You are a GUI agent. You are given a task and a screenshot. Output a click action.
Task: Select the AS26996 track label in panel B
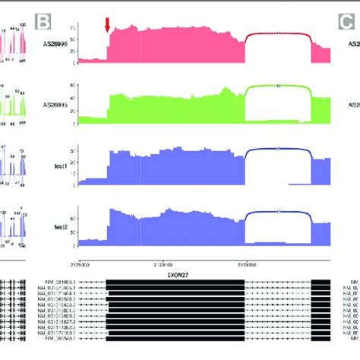(x=57, y=45)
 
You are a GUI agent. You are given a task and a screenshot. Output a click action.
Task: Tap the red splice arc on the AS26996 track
(x=278, y=33)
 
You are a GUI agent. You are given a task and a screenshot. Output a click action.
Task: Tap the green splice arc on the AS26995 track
(x=278, y=87)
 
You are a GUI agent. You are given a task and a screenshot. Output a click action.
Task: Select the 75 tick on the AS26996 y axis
(x=72, y=27)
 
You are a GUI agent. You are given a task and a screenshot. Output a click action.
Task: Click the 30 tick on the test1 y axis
(x=72, y=150)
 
